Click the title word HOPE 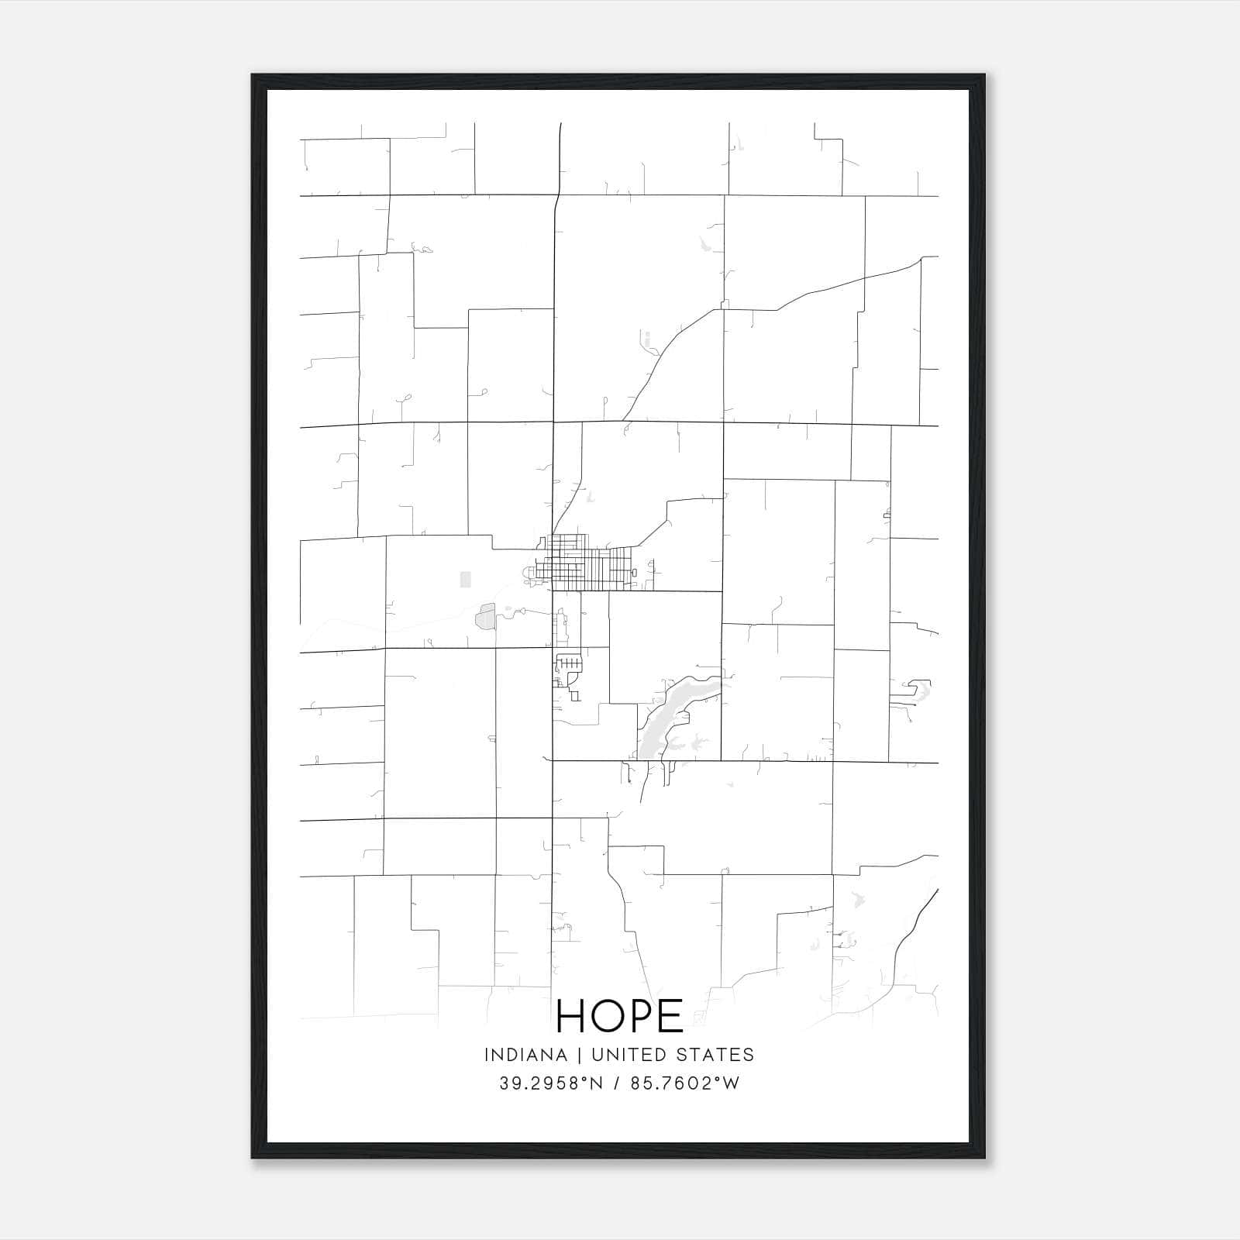619,1015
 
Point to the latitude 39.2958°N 551,1083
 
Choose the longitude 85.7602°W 687,1083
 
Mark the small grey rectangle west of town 465,579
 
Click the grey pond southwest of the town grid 485,617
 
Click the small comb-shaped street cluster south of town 569,663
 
